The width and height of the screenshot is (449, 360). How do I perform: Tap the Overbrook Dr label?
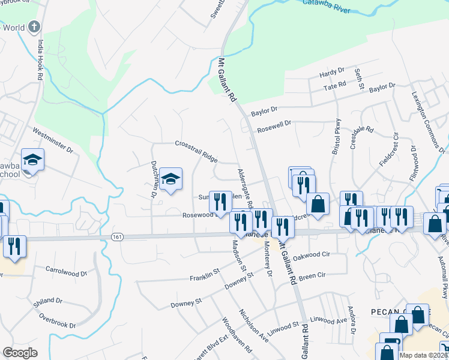58,320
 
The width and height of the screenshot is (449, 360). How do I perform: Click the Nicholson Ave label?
254,324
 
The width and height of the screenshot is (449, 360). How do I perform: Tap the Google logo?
20,353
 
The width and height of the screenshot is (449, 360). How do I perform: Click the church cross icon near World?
34,26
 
